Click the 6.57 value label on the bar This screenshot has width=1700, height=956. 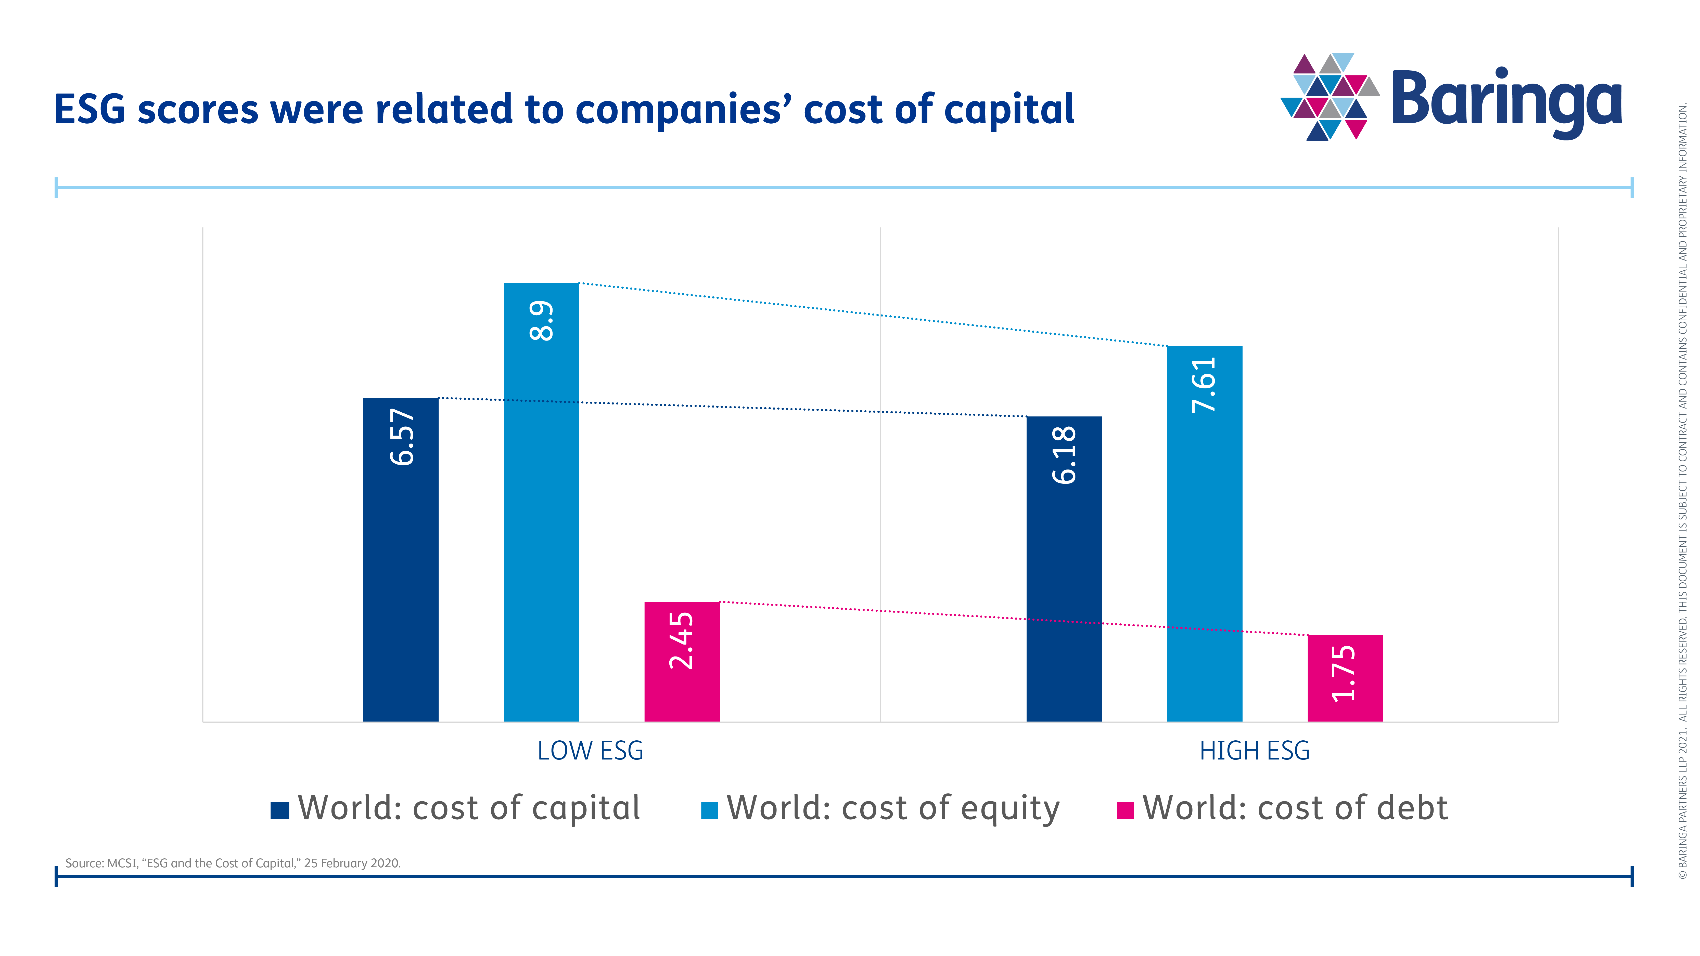[x=402, y=437]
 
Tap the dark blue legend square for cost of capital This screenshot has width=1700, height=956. [x=280, y=810]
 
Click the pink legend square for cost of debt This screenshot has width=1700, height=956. [x=1124, y=810]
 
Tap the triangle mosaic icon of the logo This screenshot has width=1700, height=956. [x=1329, y=96]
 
